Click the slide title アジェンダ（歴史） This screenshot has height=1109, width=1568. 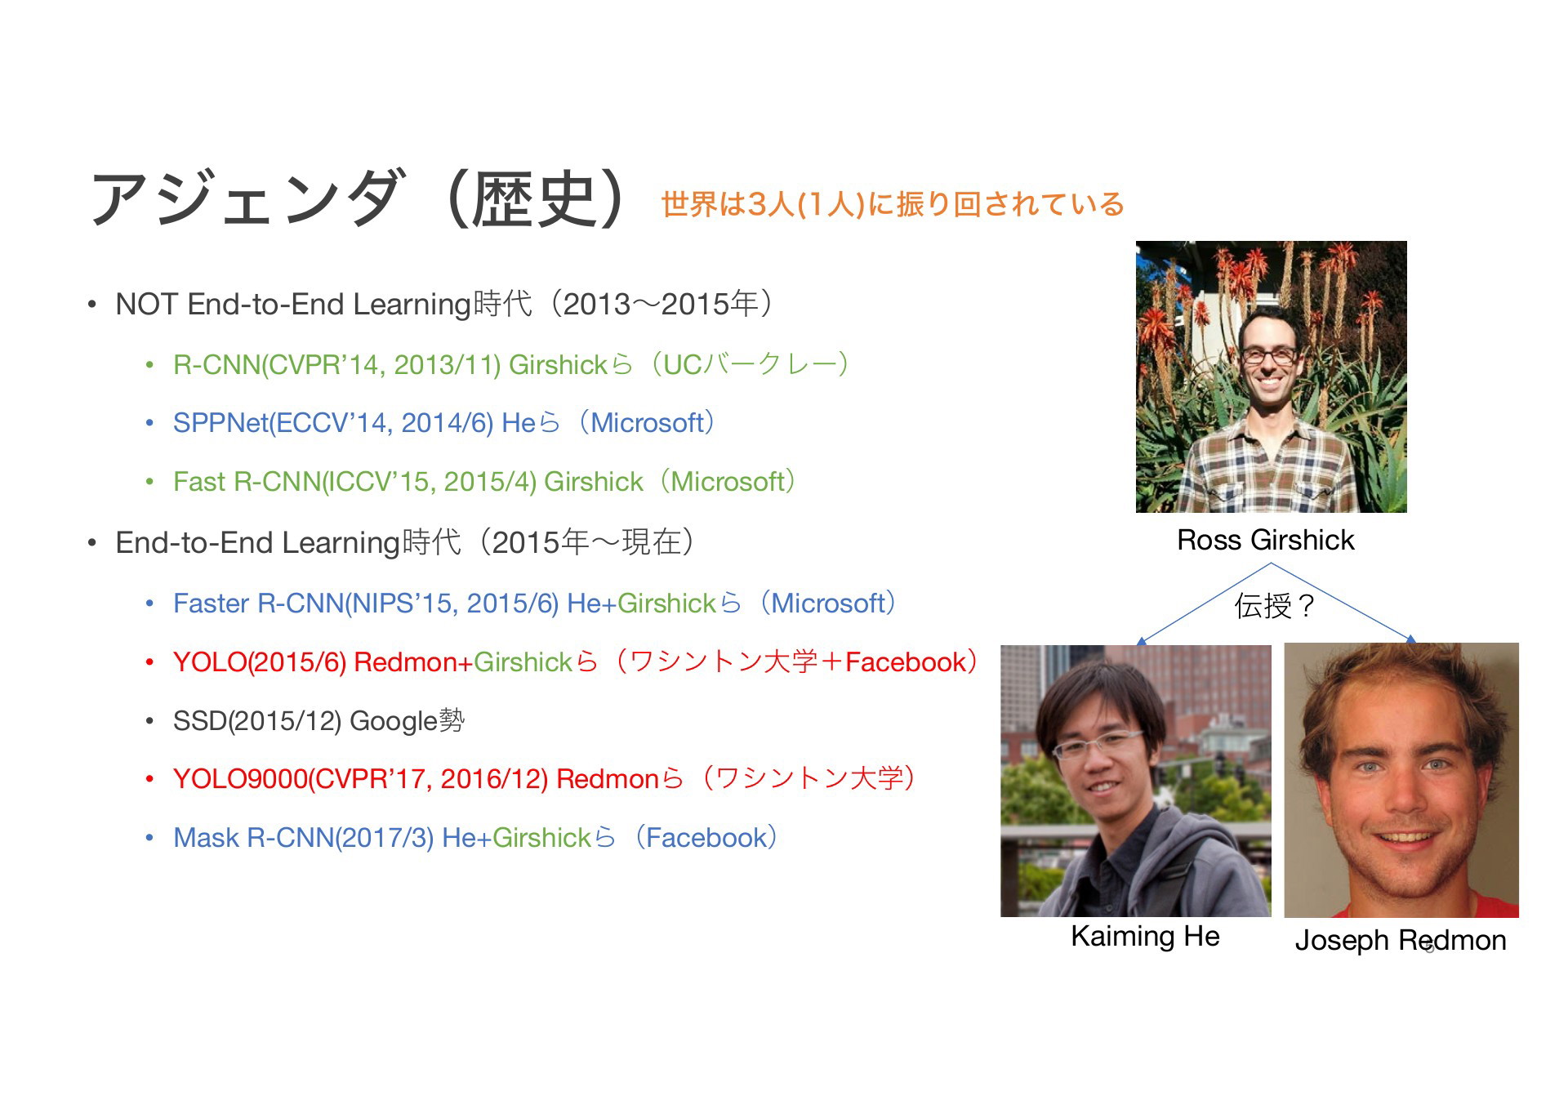coord(360,198)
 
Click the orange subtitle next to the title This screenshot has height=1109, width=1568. coord(892,203)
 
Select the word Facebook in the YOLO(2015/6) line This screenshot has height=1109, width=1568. coord(906,661)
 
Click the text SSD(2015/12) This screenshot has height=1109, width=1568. coord(257,721)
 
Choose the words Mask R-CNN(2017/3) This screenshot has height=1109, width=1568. coord(304,838)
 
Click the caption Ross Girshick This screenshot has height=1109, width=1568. coord(1265,540)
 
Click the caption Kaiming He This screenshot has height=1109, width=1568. coord(1145,936)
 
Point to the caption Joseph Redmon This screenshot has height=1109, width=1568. coord(1401,940)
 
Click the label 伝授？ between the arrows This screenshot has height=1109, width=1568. coord(1275,606)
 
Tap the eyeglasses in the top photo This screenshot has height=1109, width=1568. coord(1268,356)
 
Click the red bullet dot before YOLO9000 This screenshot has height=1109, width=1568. coord(149,780)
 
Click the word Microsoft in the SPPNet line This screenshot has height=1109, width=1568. coord(647,423)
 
